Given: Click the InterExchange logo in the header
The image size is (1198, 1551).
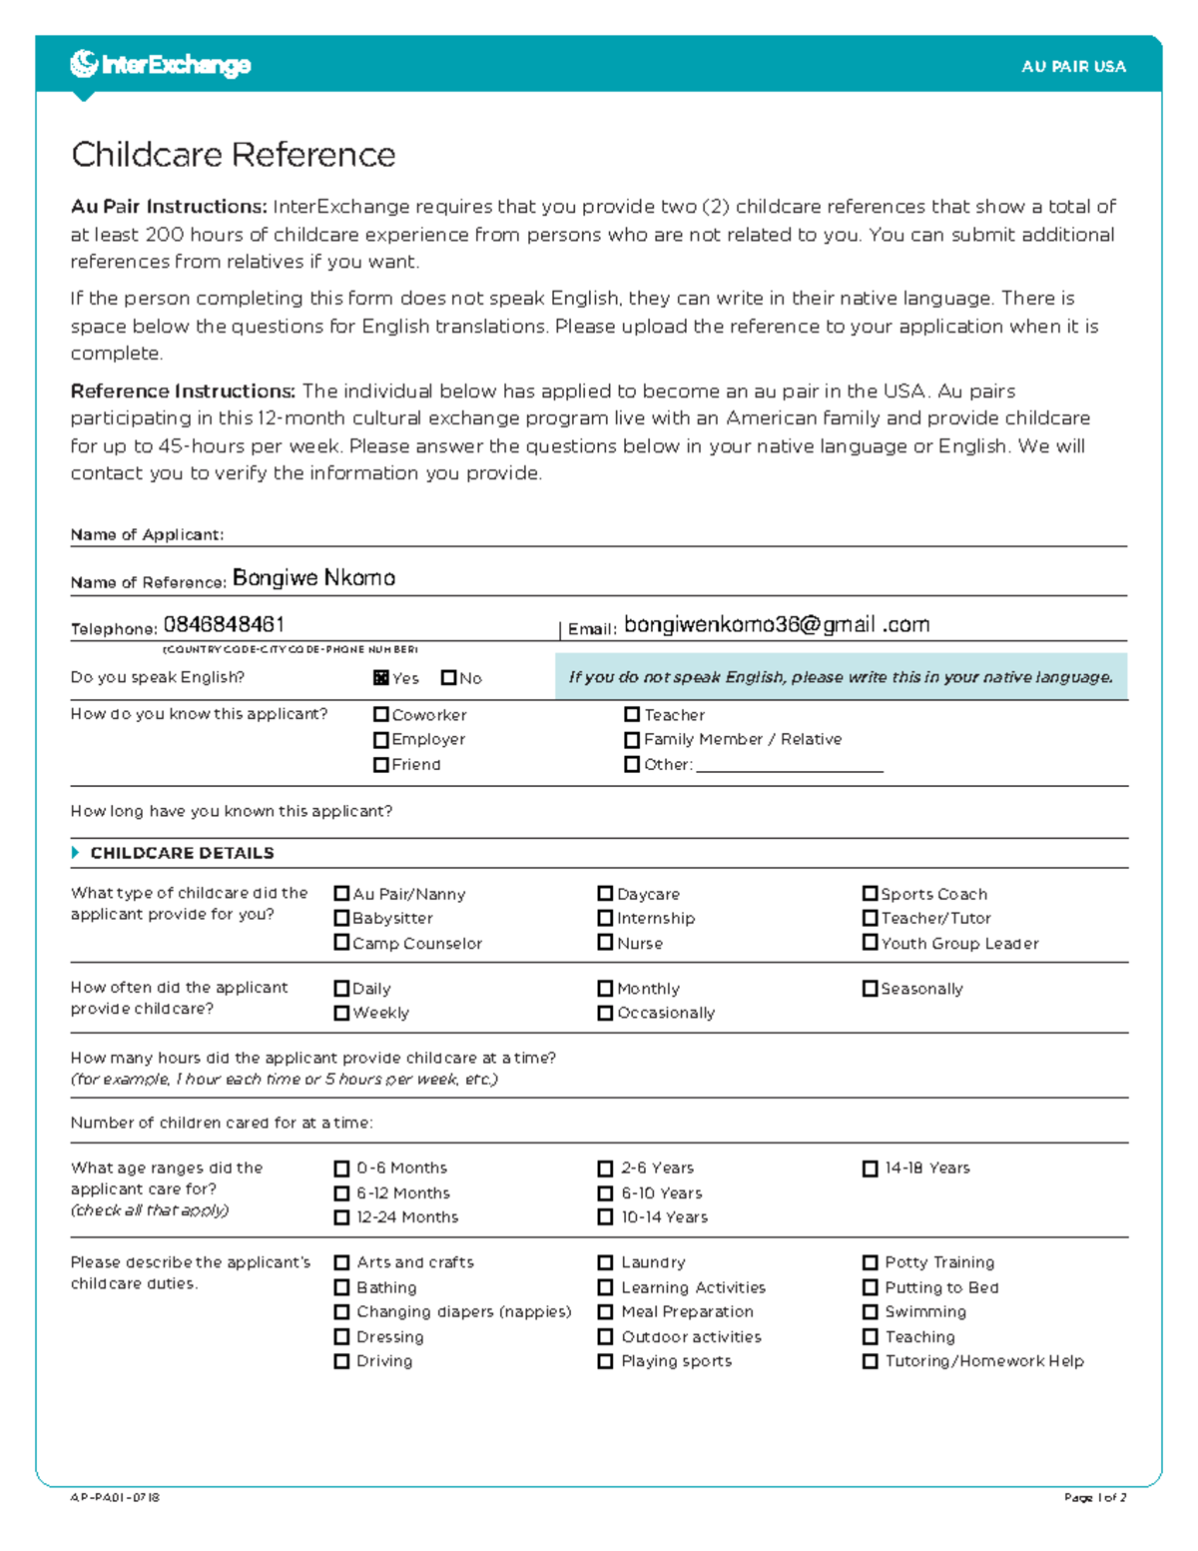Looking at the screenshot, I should pos(160,65).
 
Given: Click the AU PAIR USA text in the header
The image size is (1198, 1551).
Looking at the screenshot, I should pos(1073,67).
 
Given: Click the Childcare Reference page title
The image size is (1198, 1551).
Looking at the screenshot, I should pos(233,155).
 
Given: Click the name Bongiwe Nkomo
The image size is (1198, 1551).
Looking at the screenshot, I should pos(313,578).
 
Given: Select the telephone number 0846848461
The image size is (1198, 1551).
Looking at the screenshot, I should pos(224,625).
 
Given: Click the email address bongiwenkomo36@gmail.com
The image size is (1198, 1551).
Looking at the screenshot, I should pos(776,625).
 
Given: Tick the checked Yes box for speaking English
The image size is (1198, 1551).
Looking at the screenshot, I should pos(381,678).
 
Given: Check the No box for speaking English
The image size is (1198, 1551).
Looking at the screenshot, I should pos(448,678).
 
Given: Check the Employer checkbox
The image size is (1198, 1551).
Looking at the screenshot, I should pos(381,740).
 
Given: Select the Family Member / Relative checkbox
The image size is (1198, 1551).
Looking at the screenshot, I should pos(632,740).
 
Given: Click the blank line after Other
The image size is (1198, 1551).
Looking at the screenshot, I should pos(789,765).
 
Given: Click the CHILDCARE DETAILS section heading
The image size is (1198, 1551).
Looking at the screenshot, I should pos(182,853).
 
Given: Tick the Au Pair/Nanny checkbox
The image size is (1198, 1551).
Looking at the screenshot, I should pos(341,894).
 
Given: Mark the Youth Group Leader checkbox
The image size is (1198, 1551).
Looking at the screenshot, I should pos(870,943).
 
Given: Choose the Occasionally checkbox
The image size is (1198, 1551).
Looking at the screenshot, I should pos(605,1013).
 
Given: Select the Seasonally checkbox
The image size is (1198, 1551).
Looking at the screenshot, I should pos(870,989).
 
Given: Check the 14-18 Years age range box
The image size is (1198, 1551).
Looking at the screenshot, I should pos(870,1168).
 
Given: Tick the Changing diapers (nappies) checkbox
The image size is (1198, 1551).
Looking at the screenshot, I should pos(341,1312).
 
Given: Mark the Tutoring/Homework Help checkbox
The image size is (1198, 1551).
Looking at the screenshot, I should pos(870,1361).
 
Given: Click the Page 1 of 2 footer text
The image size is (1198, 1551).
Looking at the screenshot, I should pos(1095,1498).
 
